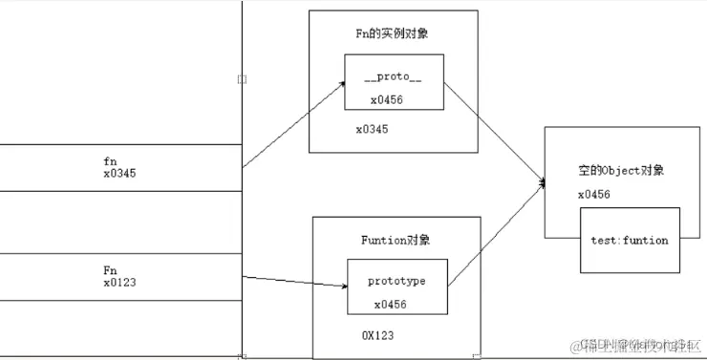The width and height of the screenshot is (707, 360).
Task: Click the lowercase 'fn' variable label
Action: tap(110, 161)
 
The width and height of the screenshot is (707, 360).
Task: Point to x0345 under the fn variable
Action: tap(120, 175)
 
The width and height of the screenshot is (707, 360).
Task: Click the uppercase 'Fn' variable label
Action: tap(110, 269)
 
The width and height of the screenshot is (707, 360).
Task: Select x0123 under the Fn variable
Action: tap(120, 283)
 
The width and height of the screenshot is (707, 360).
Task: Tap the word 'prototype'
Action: tap(396, 282)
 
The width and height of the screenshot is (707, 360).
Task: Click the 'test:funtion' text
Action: tap(630, 240)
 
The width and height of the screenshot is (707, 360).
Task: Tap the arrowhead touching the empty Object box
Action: tap(542, 181)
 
